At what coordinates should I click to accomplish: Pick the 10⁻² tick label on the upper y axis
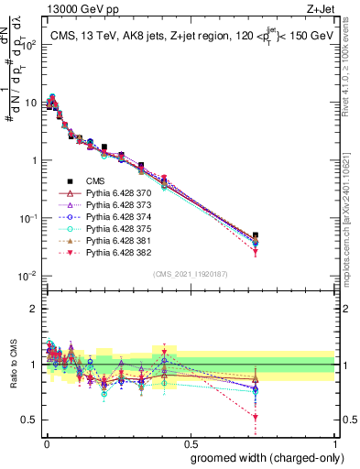pyautogui.click(x=26, y=276)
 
